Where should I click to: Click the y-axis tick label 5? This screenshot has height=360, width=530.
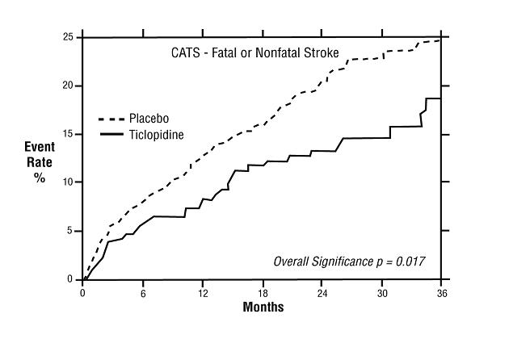[x=71, y=231]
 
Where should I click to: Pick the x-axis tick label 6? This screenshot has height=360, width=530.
[x=143, y=292]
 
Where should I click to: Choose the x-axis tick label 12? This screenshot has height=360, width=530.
[x=203, y=292]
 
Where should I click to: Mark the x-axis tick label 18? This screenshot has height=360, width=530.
[x=263, y=292]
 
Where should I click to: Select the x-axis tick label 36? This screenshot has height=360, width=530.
[x=441, y=292]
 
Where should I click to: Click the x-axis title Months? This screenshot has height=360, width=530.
[x=263, y=308]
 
